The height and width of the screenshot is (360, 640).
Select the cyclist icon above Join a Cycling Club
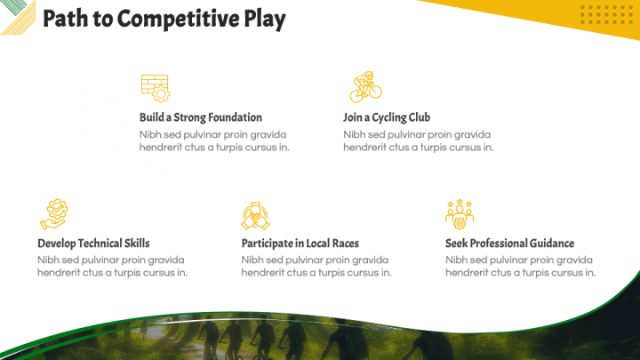click(364, 87)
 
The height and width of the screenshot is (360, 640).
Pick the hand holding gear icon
click(53, 213)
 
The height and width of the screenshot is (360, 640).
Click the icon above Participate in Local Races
click(256, 214)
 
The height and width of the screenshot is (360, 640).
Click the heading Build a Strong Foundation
click(201, 117)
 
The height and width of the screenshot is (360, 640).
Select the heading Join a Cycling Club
click(387, 117)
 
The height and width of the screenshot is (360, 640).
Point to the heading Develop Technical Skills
click(93, 244)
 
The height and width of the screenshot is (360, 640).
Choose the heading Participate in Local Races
click(300, 244)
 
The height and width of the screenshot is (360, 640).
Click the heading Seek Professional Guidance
click(509, 244)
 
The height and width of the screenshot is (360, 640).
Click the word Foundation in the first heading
click(235, 117)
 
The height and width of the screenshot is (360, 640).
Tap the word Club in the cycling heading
click(420, 117)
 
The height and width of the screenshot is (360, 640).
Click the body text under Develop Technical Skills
click(112, 266)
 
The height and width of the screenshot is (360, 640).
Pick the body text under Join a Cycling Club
click(418, 140)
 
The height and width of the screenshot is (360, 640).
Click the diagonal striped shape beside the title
click(16, 16)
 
